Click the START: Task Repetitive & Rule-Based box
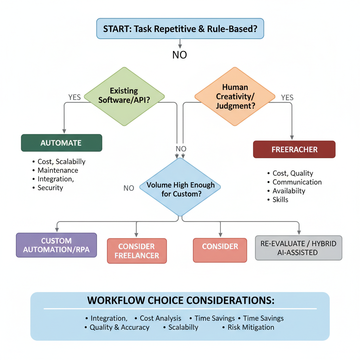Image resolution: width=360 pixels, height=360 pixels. [x=180, y=28]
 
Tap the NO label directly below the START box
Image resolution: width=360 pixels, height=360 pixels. [x=180, y=55]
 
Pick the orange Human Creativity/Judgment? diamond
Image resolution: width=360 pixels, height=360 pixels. [x=235, y=96]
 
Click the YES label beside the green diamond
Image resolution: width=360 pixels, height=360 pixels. [x=75, y=97]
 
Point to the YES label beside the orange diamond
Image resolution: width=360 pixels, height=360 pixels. [x=287, y=98]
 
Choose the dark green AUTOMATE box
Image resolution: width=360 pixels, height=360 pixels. [x=61, y=143]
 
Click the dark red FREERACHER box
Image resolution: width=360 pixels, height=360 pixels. [x=294, y=149]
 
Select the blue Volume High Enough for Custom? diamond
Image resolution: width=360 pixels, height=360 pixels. [x=180, y=189]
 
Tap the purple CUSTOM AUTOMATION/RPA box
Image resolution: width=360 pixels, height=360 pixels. [x=56, y=245]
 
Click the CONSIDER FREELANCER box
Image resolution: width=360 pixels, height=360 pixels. [x=137, y=251]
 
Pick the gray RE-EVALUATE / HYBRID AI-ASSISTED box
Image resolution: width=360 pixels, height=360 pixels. [x=298, y=248]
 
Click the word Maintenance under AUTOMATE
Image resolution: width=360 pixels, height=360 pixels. [x=58, y=170]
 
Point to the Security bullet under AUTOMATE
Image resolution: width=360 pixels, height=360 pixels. [x=50, y=188]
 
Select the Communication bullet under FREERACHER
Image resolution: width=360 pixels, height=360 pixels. [x=297, y=182]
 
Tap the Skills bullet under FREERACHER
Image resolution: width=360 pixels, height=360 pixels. [x=280, y=200]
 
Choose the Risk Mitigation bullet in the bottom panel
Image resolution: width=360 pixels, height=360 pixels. [x=251, y=327]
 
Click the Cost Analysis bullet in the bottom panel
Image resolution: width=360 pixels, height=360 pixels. [x=160, y=318]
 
